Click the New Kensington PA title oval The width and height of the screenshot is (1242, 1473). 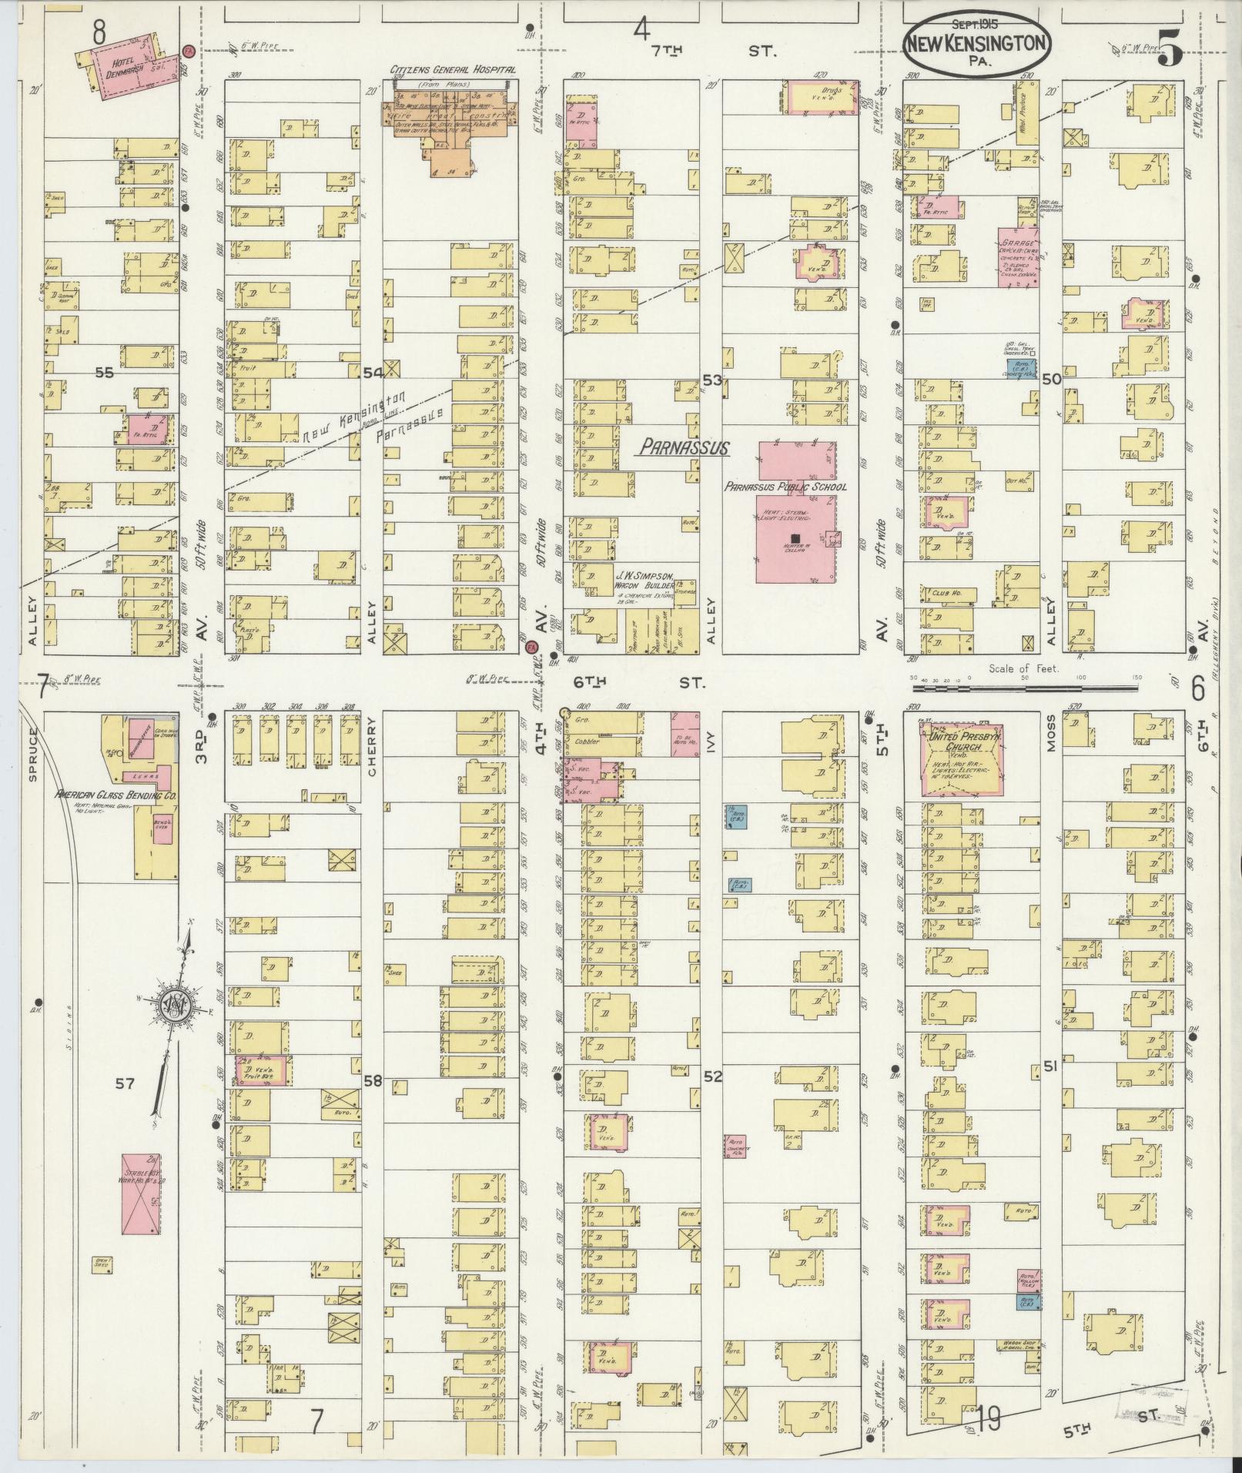point(976,44)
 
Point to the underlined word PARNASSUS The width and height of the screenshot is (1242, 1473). point(681,447)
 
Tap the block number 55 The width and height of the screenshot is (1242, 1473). point(103,372)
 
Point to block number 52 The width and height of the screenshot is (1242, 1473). point(712,1076)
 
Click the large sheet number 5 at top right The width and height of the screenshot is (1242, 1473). point(1169,52)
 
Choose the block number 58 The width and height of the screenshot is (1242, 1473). point(373,1081)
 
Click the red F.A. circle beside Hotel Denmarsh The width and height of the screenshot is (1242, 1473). point(188,52)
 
